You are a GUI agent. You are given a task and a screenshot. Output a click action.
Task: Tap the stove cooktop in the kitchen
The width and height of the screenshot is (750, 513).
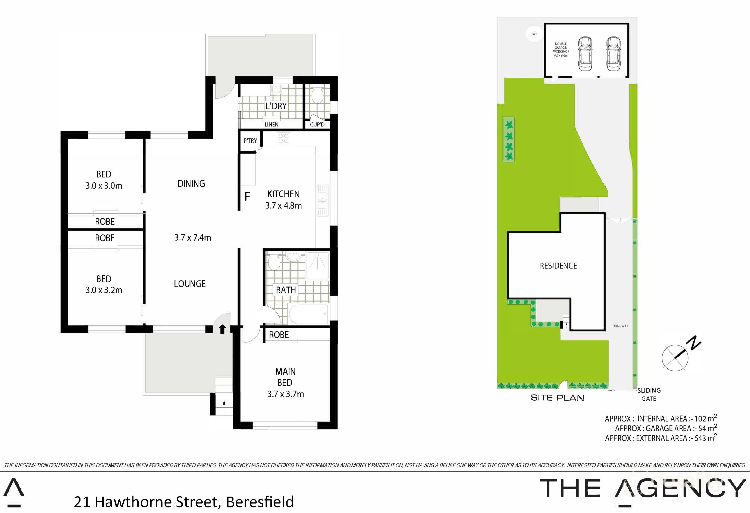tap(283, 139)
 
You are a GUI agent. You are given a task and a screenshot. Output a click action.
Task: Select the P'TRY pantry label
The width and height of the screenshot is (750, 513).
tap(250, 141)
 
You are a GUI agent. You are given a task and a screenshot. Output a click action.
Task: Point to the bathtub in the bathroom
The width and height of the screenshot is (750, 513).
tap(309, 314)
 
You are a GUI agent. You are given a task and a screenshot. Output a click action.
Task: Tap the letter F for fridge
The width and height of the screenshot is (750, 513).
tap(247, 197)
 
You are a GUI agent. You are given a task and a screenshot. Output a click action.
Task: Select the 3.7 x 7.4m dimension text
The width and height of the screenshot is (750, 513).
tap(193, 238)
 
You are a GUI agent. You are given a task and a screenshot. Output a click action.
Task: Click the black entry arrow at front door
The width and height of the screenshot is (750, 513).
tap(222, 329)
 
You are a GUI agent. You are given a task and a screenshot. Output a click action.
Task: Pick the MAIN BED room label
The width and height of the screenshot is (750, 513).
tap(285, 377)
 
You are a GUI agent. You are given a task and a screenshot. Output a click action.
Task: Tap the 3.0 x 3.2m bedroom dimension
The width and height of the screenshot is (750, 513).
tap(104, 290)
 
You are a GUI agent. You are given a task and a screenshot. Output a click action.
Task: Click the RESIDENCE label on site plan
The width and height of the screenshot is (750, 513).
tap(558, 266)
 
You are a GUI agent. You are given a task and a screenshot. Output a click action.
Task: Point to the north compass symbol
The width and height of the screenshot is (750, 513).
tap(675, 357)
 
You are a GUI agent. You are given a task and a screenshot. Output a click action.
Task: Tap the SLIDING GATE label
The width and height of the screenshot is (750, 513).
tap(649, 394)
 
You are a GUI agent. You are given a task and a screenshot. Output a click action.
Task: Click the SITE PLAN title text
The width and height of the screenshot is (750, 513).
tap(557, 398)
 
